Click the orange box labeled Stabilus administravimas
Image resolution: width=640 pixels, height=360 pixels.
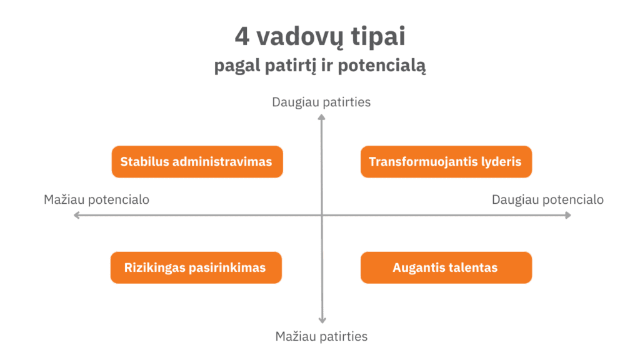196,162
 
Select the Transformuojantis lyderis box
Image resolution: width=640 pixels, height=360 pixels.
445,162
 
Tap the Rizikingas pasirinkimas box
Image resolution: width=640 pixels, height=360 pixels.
196,267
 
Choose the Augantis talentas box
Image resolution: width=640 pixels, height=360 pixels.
445,267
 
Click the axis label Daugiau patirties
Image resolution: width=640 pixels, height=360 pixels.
321,102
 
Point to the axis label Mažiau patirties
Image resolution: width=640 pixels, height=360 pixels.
321,336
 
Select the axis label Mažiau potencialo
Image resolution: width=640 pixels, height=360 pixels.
96,200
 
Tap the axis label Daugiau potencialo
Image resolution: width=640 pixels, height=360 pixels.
547,200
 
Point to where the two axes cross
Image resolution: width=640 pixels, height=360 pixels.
322,215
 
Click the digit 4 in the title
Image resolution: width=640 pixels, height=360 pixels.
241,37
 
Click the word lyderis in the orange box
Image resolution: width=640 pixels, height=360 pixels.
500,162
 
